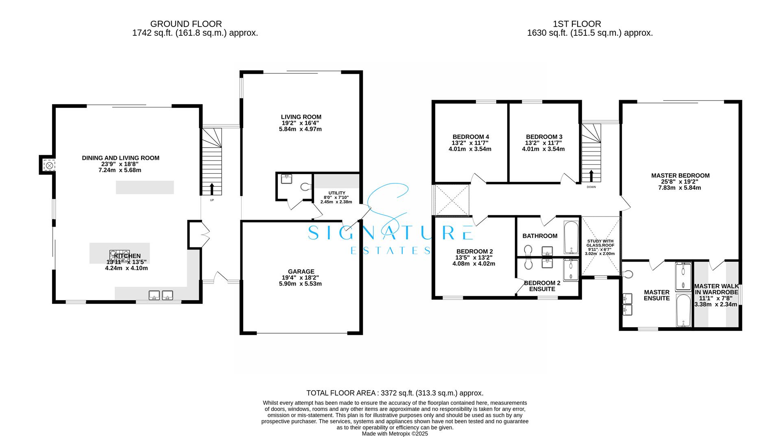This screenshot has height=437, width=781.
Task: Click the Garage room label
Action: point(301,271)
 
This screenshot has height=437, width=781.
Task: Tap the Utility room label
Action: point(336,193)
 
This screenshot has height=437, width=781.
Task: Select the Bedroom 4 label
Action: point(470,137)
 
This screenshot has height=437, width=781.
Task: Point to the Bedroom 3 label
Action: point(544,137)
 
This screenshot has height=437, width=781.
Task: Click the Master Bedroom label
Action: point(680,176)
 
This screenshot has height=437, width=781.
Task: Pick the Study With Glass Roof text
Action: point(600,243)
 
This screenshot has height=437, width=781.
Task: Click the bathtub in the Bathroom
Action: point(571,237)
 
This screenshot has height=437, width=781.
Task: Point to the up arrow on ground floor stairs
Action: point(212,189)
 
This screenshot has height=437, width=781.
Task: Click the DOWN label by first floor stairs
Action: point(591,187)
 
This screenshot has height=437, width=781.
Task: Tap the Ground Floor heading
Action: point(186,24)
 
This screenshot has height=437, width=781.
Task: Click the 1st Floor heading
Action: point(577,24)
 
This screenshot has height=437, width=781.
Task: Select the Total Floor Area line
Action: point(395,393)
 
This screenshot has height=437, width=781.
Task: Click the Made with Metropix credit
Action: point(395,434)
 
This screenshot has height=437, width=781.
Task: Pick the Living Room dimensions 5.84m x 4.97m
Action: point(301,129)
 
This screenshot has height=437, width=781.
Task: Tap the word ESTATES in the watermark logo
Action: point(390,250)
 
